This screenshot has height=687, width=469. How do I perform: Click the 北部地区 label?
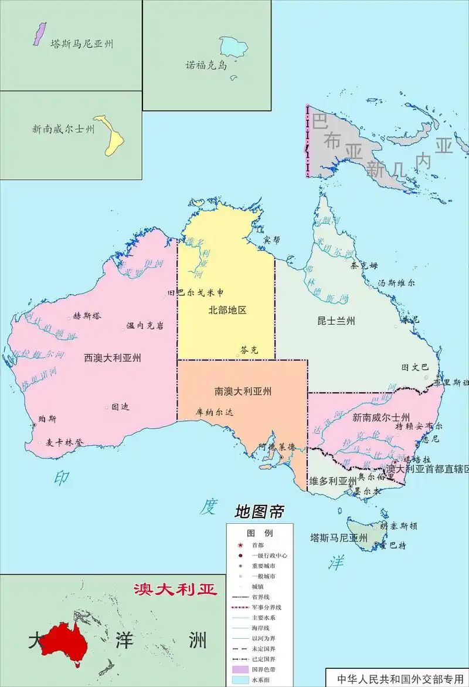click(227, 310)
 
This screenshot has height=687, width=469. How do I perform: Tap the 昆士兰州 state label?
click(336, 321)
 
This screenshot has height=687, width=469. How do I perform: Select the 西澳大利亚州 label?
click(113, 357)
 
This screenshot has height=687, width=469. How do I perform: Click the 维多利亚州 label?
click(333, 481)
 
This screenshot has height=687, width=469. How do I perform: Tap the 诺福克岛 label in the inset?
click(206, 66)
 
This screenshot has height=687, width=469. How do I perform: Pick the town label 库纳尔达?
click(215, 412)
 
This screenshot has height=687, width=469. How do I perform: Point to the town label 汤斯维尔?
click(396, 282)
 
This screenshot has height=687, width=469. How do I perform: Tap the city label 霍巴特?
click(393, 545)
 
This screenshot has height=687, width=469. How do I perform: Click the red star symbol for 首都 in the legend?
click(240, 545)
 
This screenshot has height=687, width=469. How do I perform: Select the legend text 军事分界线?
click(267, 607)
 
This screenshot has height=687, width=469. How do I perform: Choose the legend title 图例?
click(260, 533)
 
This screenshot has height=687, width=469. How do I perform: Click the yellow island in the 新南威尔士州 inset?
click(111, 135)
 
